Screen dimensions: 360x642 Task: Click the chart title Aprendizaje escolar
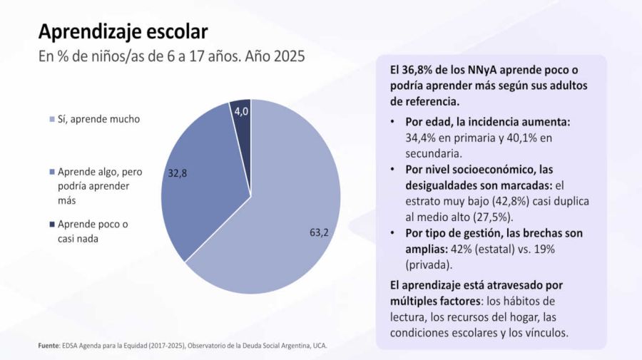point(123,31)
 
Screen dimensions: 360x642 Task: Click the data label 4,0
point(240,111)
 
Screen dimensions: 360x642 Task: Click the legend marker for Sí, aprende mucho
point(52,120)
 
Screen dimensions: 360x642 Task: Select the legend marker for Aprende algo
point(52,172)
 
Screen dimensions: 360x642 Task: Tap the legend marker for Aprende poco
point(52,224)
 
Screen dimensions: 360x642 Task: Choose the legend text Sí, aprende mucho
point(98,119)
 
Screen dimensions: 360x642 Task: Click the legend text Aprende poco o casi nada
point(93,231)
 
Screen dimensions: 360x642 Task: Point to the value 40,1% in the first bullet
point(525,138)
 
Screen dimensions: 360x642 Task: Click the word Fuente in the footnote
point(49,346)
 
